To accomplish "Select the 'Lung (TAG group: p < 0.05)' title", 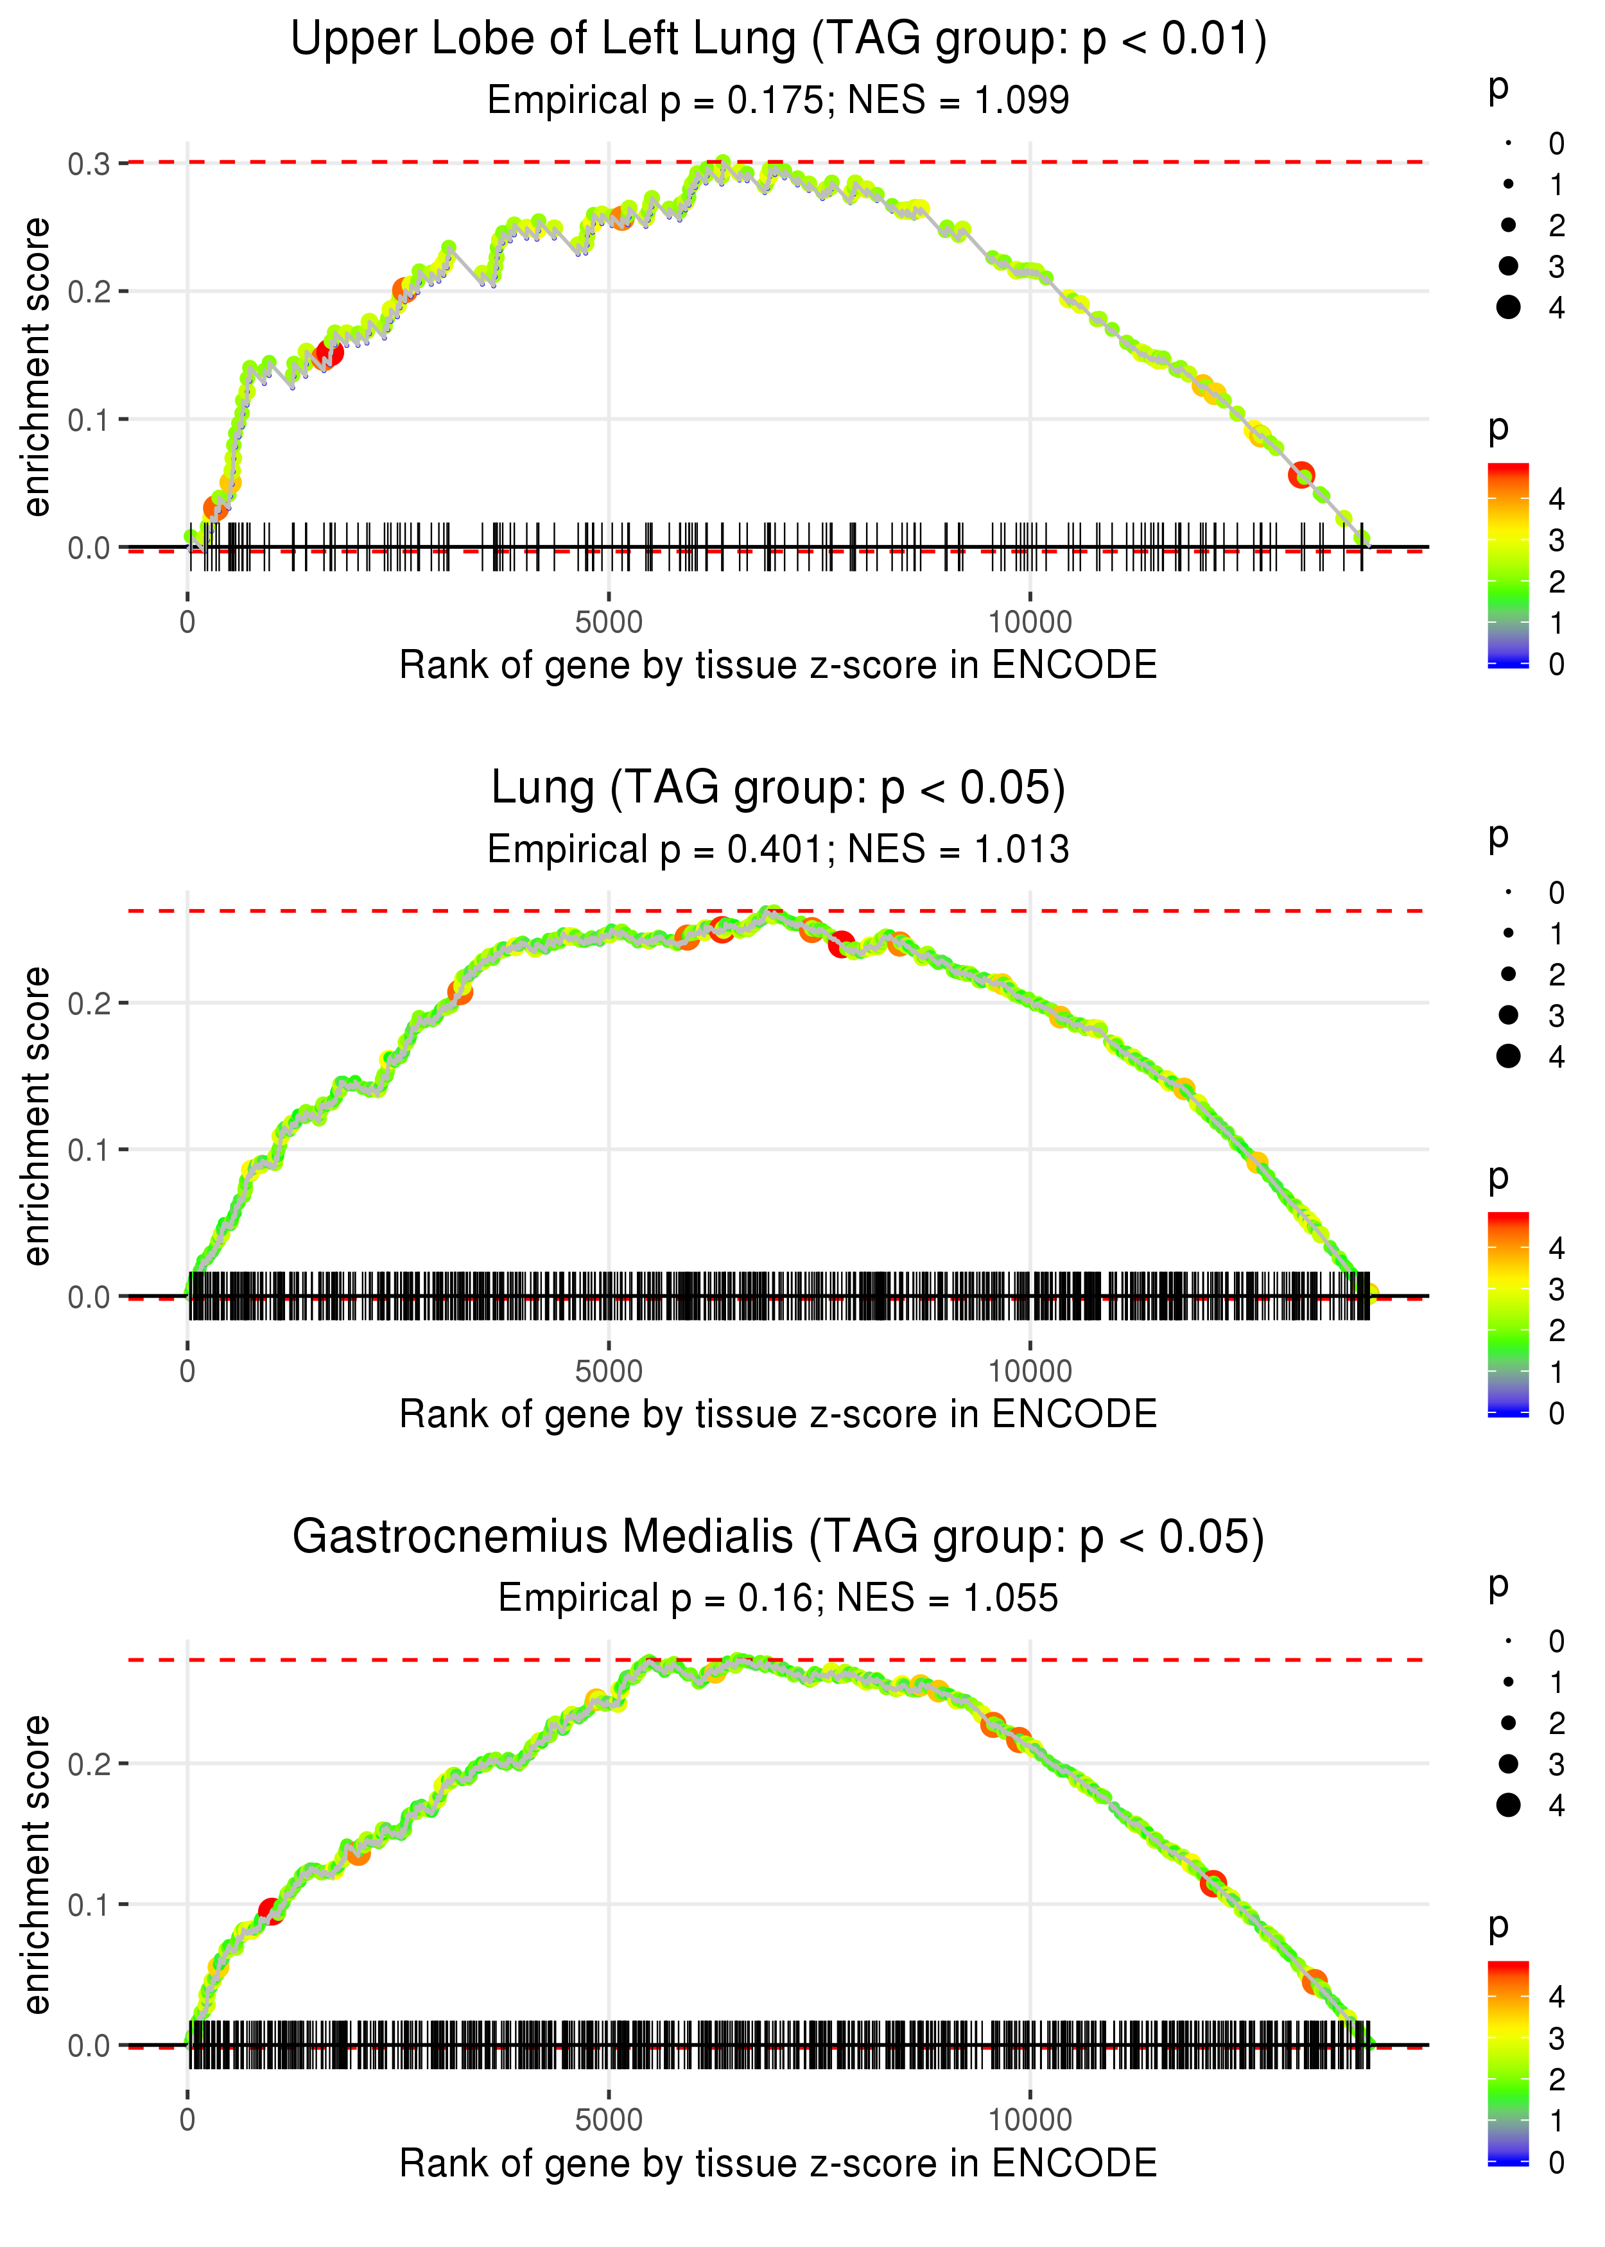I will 778,788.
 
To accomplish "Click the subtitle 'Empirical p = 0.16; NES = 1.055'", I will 778,1599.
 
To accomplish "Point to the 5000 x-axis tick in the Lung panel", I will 609,1371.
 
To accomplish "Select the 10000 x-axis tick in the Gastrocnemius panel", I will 1030,2119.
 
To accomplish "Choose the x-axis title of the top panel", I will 778,666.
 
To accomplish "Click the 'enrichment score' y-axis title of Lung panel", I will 37,1116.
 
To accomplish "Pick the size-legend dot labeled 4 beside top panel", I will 1508,308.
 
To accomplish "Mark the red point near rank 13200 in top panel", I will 1301,474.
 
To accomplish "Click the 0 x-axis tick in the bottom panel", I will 187,2119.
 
